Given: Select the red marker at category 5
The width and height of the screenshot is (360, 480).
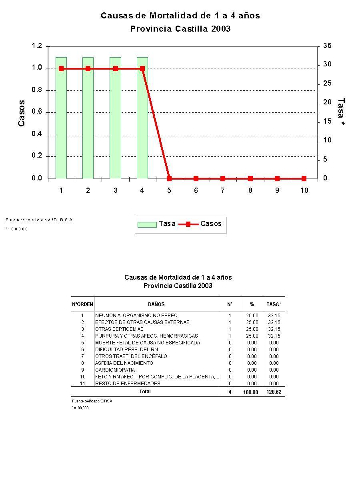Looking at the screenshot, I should coord(169,178).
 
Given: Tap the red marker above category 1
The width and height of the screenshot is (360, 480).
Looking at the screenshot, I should coord(61,69).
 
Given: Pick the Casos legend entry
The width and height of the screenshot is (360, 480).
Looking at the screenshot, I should coord(200,224).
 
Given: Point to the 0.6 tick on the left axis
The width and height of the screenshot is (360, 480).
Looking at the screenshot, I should coord(37,112).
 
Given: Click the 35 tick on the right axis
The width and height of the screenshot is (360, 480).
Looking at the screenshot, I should coord(327,46).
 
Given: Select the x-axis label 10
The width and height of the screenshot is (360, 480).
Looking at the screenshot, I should coord(304,190).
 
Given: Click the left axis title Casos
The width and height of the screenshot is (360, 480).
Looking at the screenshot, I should coord(22,113).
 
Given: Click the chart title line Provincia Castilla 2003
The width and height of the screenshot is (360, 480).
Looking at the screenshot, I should coord(180,29).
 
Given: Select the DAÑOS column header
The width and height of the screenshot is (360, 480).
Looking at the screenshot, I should coord(156,304).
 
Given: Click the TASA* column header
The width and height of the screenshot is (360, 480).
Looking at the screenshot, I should coord(274,304).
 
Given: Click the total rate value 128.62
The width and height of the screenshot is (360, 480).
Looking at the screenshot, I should coord(274,392).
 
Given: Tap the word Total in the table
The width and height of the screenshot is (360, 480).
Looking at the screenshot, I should coord(145,392).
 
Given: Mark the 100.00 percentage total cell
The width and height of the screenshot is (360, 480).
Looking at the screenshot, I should coord(250,392).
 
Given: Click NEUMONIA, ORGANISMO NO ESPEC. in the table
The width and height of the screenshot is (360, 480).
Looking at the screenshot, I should coord(137,316).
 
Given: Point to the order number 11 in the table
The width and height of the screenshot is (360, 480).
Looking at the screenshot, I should coord(83,384).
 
